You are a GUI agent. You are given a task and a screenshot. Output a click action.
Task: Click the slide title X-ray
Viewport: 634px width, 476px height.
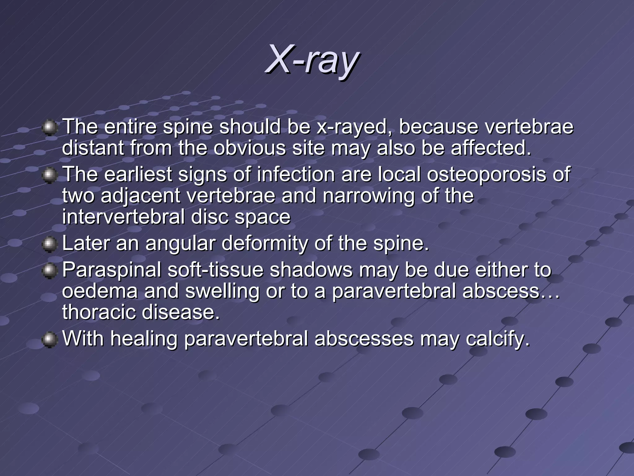pyautogui.click(x=313, y=59)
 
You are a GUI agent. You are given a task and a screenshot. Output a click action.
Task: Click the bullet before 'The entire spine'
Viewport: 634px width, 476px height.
pyautogui.click(x=49, y=128)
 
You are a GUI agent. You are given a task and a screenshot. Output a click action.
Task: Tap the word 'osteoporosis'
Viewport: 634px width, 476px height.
pyautogui.click(x=486, y=174)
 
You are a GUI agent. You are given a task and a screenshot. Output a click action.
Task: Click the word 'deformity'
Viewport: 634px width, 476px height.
pyautogui.click(x=265, y=243)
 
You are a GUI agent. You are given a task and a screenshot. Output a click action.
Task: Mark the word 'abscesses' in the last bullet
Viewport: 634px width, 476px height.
pyautogui.click(x=364, y=338)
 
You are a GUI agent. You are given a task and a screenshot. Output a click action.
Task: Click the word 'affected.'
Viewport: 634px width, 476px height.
pyautogui.click(x=491, y=148)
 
